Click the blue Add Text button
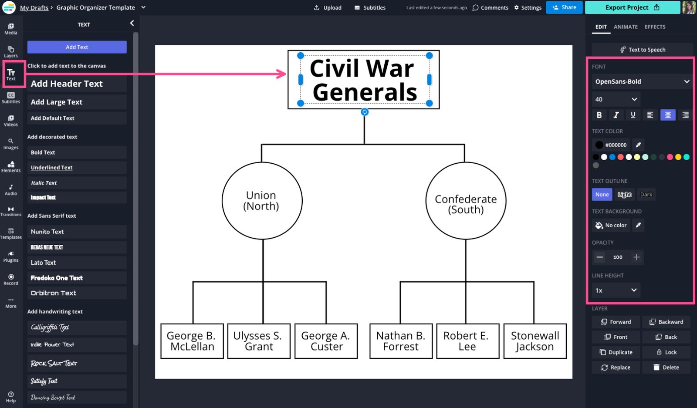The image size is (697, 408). pos(77,47)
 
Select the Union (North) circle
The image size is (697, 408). pos(262,201)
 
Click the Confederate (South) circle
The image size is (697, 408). pos(466,201)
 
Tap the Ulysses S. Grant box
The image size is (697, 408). pos(259,341)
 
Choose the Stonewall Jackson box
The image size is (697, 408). pos(535,341)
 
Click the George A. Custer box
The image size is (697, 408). pos(326,341)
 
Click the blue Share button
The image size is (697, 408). pos(564,7)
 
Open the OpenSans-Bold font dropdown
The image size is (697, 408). pos(642,81)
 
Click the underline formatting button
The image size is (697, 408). pos(633,115)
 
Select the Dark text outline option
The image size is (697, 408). pos(646,195)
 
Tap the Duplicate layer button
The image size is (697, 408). pos(616,352)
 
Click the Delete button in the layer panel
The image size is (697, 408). pos(666,368)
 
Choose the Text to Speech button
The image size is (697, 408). pos(642,50)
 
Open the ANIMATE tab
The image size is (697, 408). pos(626,27)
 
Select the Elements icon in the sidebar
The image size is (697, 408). pos(11,166)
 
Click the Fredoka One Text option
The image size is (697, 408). pos(77,278)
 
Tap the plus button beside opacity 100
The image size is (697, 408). pos(636,257)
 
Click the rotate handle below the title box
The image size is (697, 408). pos(365,112)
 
